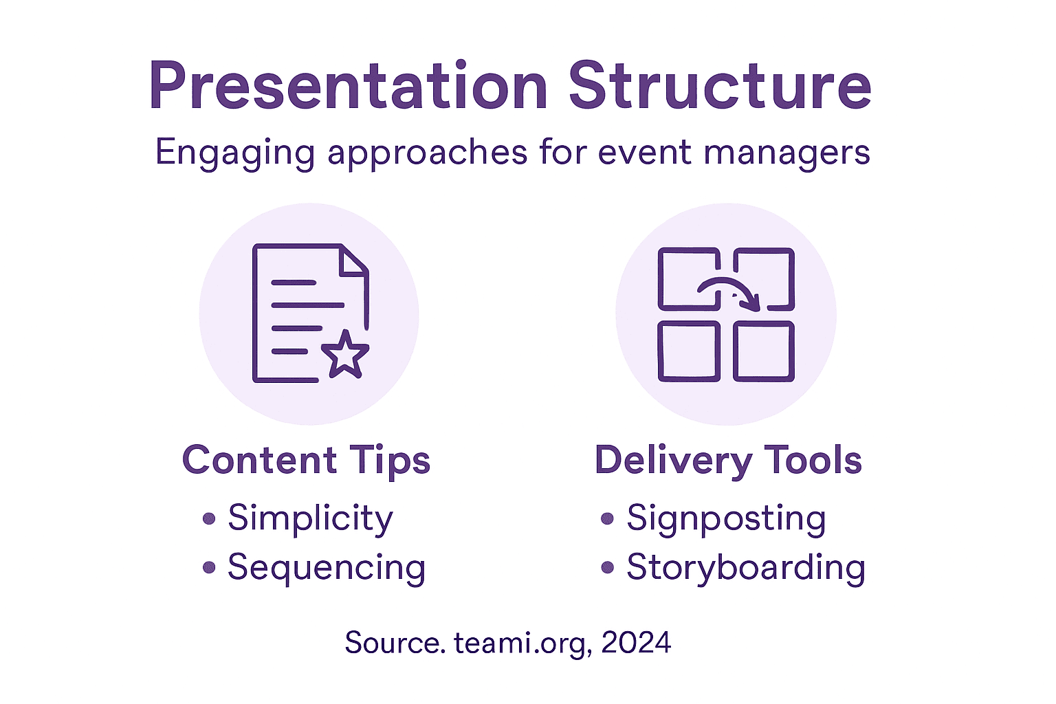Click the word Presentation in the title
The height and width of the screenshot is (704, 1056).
348,86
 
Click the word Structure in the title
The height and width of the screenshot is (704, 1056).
720,86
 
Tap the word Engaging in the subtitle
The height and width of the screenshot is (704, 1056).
234,153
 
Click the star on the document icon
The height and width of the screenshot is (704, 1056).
345,355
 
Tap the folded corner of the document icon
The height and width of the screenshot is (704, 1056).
354,261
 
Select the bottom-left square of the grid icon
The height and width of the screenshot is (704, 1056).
689,351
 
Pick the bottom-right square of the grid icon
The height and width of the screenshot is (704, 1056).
764,351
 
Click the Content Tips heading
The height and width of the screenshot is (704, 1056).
306,460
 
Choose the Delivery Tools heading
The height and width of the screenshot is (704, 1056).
728,460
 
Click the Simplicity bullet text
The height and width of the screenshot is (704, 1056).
310,518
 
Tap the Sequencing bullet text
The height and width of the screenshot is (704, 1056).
327,568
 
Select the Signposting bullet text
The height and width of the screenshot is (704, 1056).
726,518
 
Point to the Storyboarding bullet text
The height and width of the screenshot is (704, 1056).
746,568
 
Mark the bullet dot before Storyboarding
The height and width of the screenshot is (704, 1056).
607,568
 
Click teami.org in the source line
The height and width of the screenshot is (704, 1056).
521,643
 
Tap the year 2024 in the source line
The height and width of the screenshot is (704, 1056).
636,643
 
